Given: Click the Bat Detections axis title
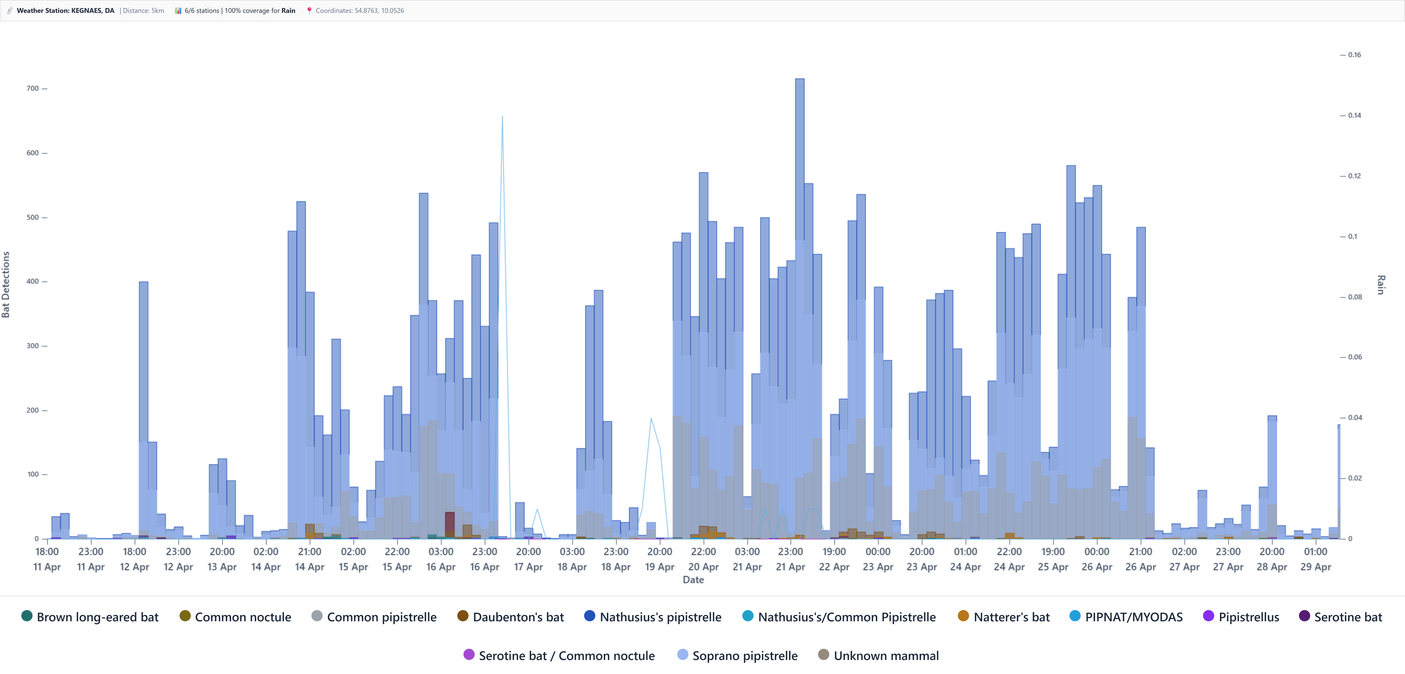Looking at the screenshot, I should click(x=6, y=284).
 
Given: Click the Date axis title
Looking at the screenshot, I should click(x=693, y=580).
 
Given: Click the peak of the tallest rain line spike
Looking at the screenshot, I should click(x=502, y=116).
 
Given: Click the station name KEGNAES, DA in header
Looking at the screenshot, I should click(x=93, y=10).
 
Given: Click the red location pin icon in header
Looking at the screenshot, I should click(x=309, y=10).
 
